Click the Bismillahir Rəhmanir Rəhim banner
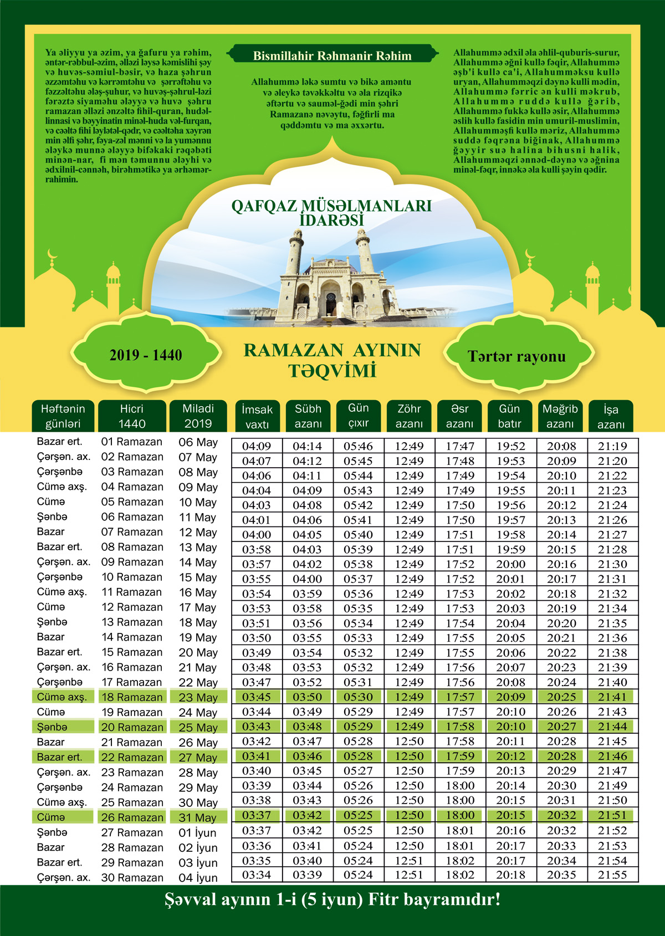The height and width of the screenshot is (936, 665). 332,56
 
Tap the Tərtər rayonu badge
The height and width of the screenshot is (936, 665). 516,356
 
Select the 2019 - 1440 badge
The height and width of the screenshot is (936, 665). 146,355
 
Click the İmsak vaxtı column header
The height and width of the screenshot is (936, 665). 257,416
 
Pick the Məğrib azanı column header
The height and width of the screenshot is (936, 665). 560,416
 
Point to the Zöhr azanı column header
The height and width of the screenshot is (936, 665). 409,416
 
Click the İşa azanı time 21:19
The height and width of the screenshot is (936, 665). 612,446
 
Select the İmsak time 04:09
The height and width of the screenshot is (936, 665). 257,446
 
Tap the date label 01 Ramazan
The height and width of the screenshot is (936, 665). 132,442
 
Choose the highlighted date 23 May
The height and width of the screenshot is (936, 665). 198,698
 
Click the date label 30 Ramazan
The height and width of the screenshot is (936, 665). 132,878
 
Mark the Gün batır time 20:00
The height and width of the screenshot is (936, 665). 510,564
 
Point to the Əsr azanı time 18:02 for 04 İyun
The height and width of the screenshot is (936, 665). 460,875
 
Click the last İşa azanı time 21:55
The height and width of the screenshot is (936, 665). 612,875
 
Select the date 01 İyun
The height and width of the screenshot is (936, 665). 198,833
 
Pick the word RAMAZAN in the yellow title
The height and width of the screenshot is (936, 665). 293,351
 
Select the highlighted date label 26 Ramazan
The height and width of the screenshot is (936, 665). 132,817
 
